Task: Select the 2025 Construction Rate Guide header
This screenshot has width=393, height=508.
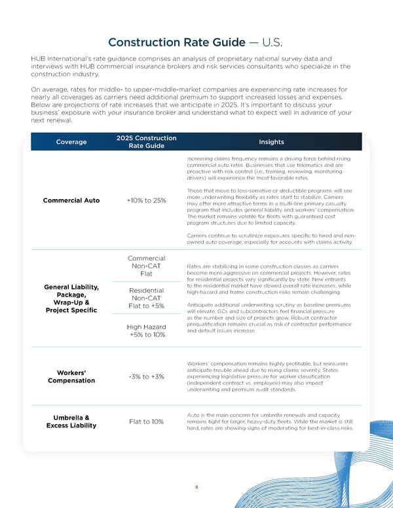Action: click(x=146, y=142)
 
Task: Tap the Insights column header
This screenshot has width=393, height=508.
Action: click(x=271, y=141)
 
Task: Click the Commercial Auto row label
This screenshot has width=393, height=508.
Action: click(x=71, y=200)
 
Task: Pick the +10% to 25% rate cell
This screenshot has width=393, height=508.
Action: click(x=146, y=200)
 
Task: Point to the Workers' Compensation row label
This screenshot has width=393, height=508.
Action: click(x=71, y=376)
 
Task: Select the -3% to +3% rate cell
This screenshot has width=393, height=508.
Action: click(x=146, y=376)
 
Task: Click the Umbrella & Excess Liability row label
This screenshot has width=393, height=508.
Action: click(x=71, y=421)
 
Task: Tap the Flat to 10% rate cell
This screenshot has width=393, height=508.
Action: click(x=146, y=421)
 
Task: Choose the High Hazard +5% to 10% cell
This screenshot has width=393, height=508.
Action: click(x=146, y=331)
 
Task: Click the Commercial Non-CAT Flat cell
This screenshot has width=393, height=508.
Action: click(x=146, y=266)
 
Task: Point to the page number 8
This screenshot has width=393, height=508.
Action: click(x=196, y=487)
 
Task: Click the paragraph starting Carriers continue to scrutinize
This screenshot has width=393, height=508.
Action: click(x=271, y=238)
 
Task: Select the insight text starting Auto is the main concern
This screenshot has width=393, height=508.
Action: click(x=271, y=422)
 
